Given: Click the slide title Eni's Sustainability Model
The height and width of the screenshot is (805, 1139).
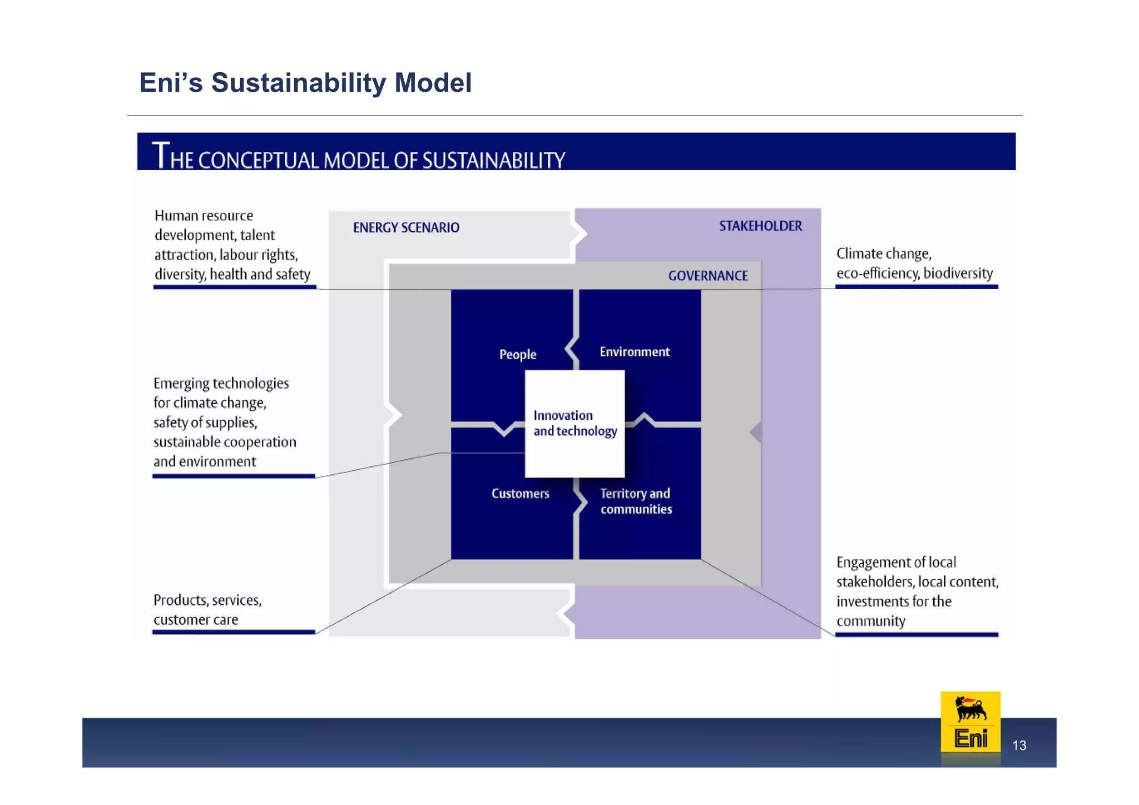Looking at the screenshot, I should point(305,83).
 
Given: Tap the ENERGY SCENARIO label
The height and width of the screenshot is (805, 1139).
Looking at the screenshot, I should point(406,227).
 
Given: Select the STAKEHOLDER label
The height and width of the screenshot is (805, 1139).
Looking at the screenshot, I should point(760,226).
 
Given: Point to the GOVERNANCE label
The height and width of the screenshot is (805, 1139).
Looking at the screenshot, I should point(707,276).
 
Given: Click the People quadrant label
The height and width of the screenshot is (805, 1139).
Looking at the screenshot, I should point(517,354).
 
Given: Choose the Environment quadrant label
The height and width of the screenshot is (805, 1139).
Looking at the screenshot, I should point(635,352).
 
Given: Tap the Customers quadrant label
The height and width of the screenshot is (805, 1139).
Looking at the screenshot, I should point(520,494).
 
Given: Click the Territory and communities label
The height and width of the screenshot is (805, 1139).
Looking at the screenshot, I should point(636,501).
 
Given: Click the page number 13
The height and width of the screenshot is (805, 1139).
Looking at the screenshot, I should point(1019,746).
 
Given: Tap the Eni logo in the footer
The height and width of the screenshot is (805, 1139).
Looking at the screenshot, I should point(970,723).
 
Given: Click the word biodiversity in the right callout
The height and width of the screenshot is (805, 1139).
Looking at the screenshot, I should point(958,273).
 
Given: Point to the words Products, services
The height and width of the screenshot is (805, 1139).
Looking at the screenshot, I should point(207,600).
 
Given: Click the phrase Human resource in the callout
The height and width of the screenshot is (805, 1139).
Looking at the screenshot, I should point(204,216).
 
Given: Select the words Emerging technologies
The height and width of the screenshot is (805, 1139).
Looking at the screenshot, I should point(221,384).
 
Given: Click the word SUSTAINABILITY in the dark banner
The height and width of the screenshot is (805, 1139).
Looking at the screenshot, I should point(493,161).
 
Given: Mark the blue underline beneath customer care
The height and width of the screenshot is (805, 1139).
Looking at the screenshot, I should point(234,632).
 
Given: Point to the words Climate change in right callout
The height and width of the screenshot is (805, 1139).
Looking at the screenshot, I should point(883,254).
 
